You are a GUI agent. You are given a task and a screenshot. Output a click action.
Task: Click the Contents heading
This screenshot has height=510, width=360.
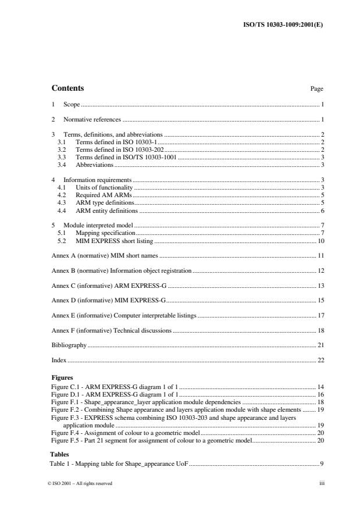click(x=67, y=88)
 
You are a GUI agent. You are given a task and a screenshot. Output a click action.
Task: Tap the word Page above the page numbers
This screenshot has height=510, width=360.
click(x=317, y=89)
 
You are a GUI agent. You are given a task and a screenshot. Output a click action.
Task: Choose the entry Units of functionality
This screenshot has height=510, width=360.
click(x=104, y=187)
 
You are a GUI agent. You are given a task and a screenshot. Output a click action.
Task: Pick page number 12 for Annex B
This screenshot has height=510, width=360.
click(x=320, y=272)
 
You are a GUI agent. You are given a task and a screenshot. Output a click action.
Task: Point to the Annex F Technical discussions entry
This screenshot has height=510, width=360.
click(x=111, y=331)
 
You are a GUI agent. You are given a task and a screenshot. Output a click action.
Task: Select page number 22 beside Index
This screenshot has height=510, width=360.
click(x=320, y=361)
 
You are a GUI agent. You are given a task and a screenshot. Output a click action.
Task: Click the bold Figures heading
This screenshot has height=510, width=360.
click(x=62, y=377)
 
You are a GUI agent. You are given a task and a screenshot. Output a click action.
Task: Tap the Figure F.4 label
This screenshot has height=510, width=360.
click(x=64, y=433)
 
